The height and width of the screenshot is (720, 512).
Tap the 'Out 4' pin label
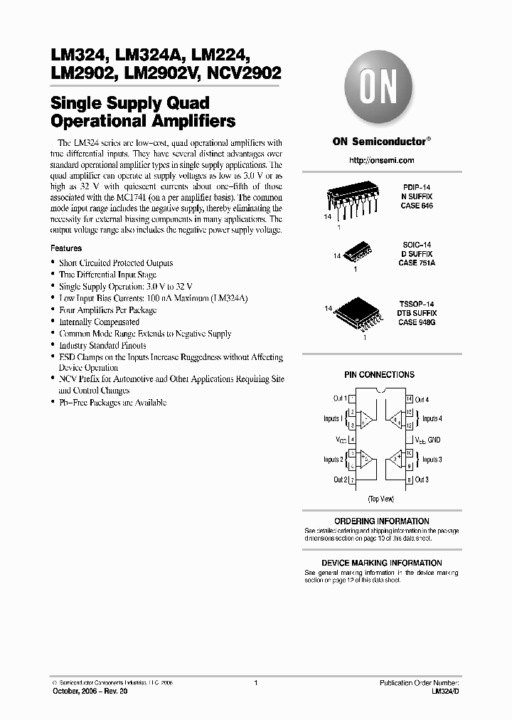click(x=422, y=400)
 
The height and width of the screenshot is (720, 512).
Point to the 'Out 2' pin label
click(x=340, y=480)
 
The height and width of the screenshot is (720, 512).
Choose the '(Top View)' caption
click(x=380, y=499)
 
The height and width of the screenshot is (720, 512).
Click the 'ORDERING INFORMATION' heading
click(x=381, y=522)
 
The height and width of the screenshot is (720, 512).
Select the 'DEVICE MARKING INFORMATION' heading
click(x=381, y=563)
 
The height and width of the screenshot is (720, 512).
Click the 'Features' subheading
click(x=66, y=249)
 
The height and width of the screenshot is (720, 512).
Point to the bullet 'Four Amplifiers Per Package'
click(x=107, y=310)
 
